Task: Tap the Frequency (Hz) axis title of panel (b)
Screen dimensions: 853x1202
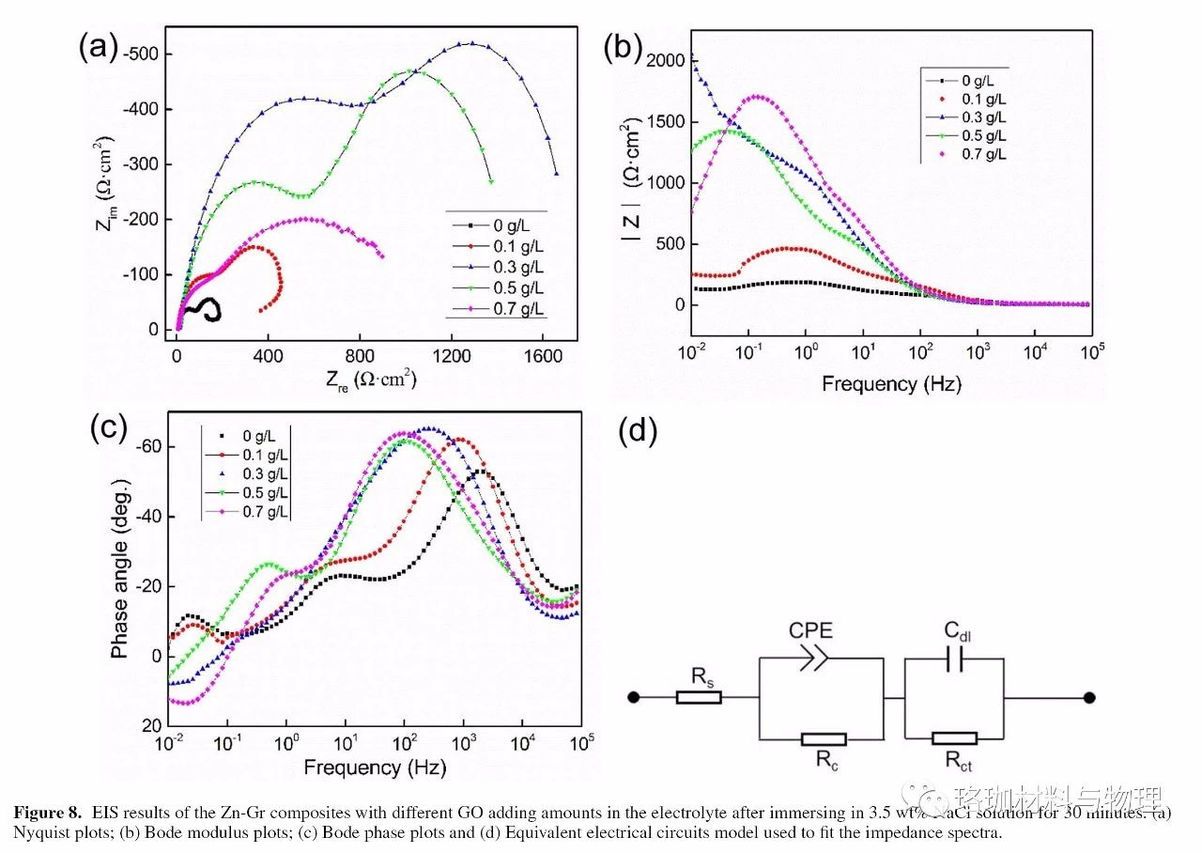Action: tap(890, 383)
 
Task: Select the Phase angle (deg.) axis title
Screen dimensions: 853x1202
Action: tap(121, 569)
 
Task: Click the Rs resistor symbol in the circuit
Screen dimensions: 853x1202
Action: tap(699, 697)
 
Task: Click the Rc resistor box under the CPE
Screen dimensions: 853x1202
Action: tap(824, 739)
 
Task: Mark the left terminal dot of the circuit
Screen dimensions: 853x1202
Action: tap(634, 697)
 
